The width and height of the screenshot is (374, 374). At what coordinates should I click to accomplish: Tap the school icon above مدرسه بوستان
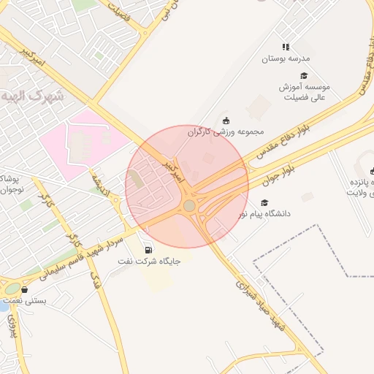286,47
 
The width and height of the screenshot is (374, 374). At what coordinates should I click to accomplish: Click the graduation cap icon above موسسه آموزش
304,75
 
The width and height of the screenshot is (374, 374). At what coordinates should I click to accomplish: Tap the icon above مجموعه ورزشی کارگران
225,121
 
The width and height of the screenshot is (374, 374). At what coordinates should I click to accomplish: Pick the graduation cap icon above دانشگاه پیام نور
264,203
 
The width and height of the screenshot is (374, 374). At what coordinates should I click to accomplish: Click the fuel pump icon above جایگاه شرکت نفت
150,247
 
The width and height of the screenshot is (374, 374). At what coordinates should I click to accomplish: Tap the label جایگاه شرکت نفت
153,259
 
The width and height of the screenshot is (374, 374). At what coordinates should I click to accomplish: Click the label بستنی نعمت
25,299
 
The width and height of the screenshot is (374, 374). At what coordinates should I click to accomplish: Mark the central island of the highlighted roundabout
189,206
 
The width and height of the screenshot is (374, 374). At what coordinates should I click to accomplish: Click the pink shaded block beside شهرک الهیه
80,142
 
